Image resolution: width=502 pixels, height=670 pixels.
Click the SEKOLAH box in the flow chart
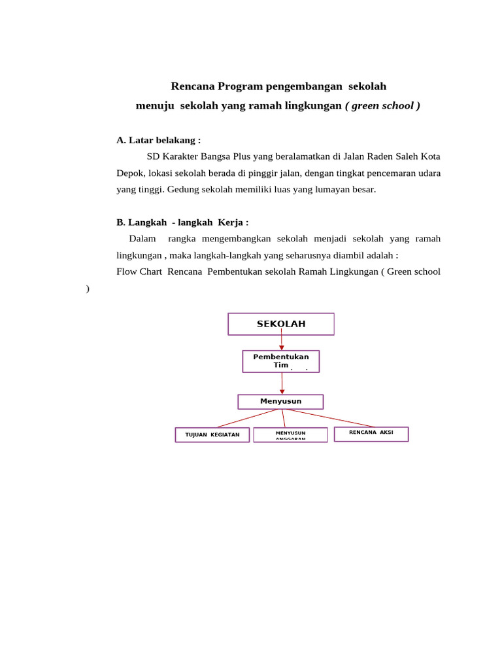click(281, 324)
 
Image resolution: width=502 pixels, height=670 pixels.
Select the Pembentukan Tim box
click(281, 361)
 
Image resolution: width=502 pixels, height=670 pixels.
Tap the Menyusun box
click(280, 401)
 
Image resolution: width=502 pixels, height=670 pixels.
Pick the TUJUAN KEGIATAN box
click(212, 434)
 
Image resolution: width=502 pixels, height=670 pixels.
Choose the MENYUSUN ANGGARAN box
click(290, 434)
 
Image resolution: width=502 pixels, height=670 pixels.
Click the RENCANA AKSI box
click(371, 434)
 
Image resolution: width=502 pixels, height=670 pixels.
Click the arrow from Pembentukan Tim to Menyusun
click(282, 383)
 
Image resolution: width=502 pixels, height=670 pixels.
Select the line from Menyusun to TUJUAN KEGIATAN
click(248, 418)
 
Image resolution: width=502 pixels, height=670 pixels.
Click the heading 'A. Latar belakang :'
click(158, 140)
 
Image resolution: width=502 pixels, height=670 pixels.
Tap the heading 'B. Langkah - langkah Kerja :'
click(182, 222)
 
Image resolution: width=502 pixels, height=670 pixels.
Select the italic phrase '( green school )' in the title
click(382, 105)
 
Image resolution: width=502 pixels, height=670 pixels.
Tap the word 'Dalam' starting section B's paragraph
click(142, 239)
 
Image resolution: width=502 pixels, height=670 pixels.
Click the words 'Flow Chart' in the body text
click(139, 272)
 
